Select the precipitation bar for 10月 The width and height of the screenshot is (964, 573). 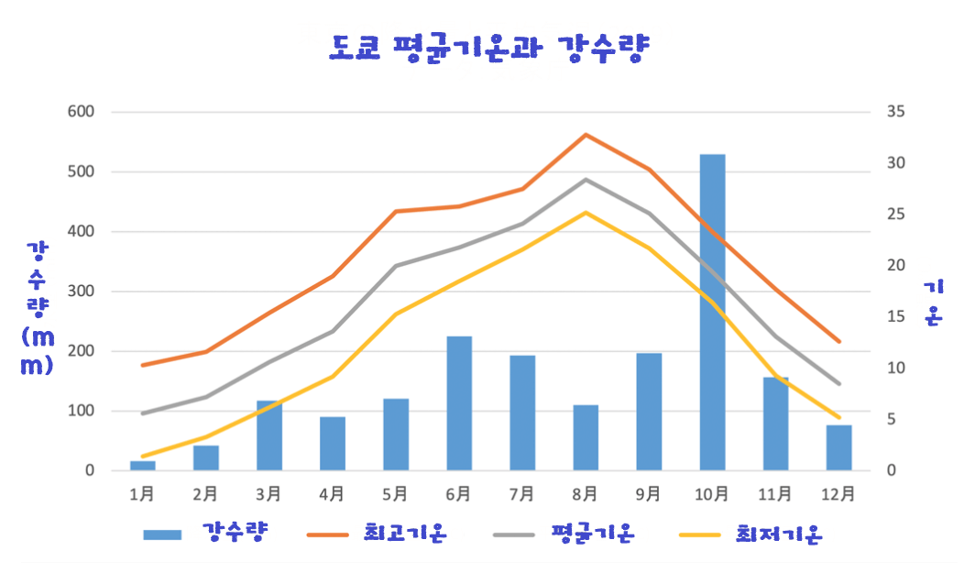pyautogui.click(x=712, y=312)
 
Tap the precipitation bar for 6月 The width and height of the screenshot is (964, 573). pyautogui.click(x=459, y=403)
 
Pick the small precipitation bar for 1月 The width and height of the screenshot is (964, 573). pyautogui.click(x=142, y=466)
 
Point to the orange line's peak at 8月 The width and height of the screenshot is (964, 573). pyautogui.click(x=586, y=135)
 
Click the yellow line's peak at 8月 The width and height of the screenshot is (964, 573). pyautogui.click(x=586, y=212)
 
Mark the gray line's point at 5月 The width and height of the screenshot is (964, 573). pyautogui.click(x=396, y=266)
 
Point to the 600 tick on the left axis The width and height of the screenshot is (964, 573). pyautogui.click(x=81, y=112)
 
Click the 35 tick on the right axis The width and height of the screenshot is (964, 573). pyautogui.click(x=895, y=112)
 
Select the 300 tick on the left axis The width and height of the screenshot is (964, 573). pyautogui.click(x=81, y=292)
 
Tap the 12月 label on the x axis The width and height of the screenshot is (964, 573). pyautogui.click(x=839, y=494)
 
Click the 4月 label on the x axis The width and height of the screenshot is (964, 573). pyautogui.click(x=332, y=494)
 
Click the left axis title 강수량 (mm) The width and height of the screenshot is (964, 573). pyautogui.click(x=38, y=307)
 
